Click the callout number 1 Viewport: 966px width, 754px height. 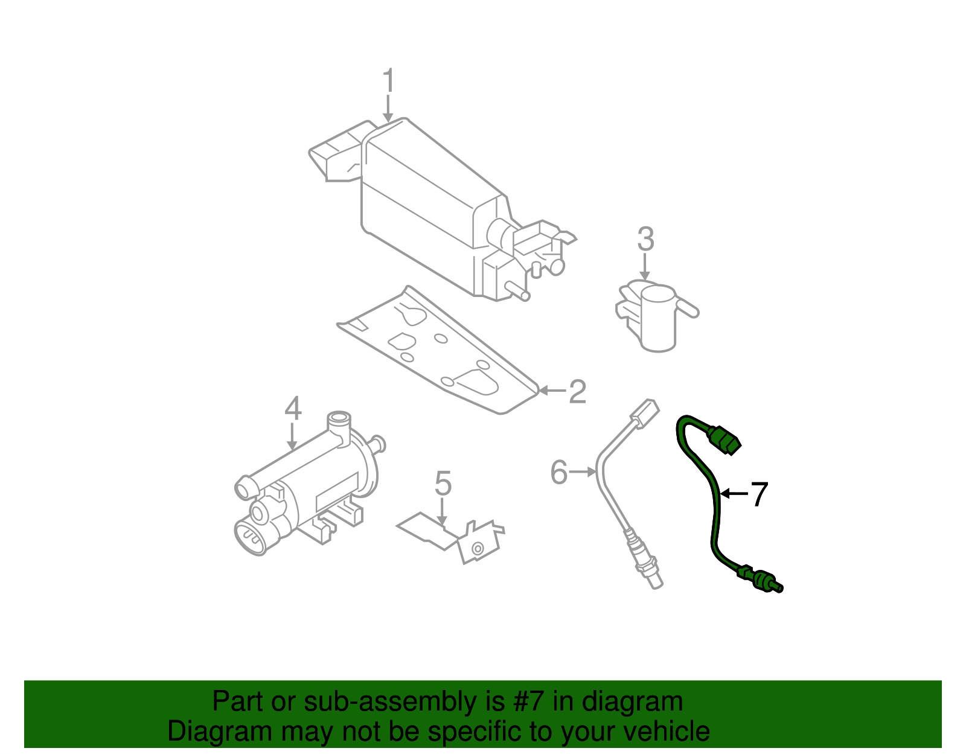pyautogui.click(x=388, y=81)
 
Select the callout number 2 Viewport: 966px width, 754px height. pyautogui.click(x=577, y=392)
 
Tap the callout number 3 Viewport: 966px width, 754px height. pyautogui.click(x=645, y=240)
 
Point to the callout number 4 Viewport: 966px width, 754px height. pyautogui.click(x=293, y=409)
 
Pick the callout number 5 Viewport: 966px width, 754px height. pyautogui.click(x=443, y=484)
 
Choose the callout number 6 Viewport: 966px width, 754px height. pyautogui.click(x=559, y=472)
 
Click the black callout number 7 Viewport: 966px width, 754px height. pyautogui.click(x=759, y=494)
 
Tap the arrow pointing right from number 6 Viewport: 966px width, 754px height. pyautogui.click(x=583, y=471)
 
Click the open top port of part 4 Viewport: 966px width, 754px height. pyautogui.click(x=339, y=418)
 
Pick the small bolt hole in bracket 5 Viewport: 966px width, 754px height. pyautogui.click(x=478, y=549)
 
